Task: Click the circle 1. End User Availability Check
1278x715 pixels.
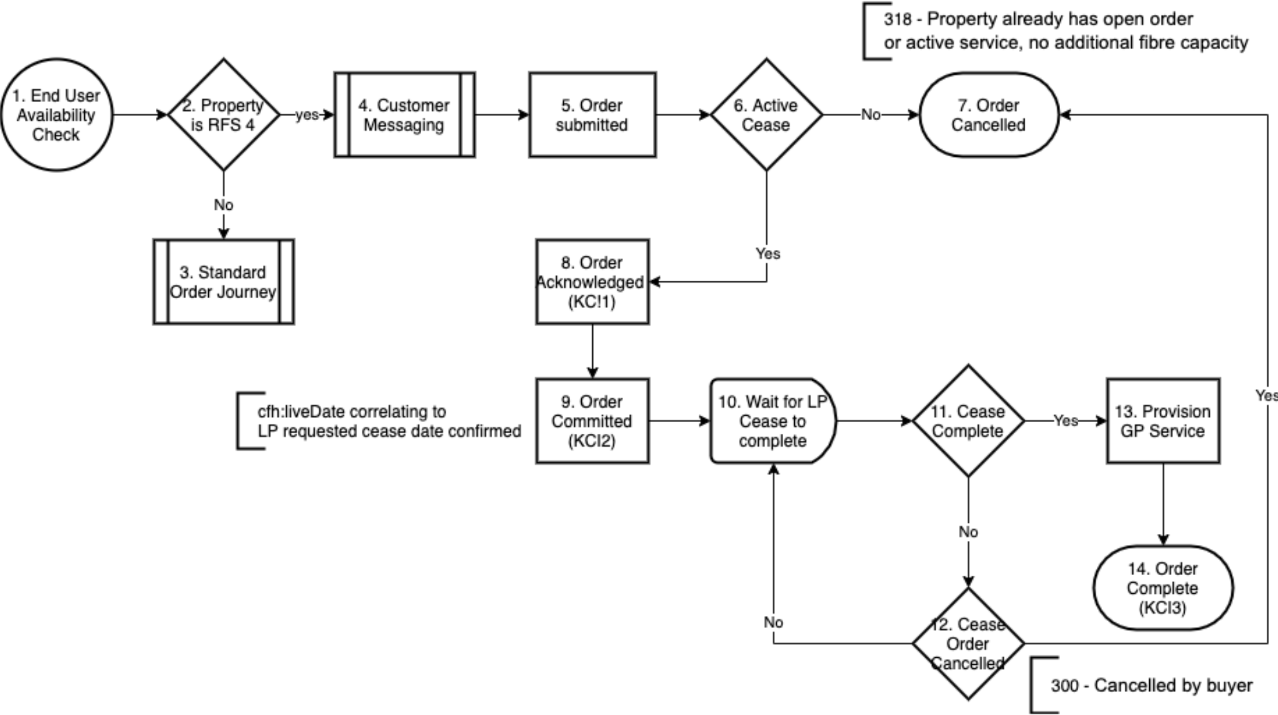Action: (57, 115)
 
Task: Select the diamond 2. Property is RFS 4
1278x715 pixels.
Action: (224, 115)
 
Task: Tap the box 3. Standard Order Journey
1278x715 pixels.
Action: (224, 282)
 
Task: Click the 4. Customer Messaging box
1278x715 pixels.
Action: (404, 115)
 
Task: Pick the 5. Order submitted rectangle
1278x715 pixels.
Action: (592, 115)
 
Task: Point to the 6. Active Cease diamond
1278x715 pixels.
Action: (766, 115)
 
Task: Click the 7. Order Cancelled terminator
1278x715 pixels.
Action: (989, 115)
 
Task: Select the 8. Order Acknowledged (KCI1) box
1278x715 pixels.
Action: (592, 282)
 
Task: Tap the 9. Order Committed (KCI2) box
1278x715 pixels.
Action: (592, 421)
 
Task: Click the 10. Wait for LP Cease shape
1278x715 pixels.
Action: (773, 421)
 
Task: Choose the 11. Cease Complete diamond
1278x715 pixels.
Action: (968, 421)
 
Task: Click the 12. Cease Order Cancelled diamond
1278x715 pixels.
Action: (968, 643)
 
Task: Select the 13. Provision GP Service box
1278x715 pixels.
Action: (1163, 421)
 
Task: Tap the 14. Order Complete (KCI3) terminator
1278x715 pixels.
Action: (1163, 588)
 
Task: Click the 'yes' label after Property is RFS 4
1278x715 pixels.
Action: (307, 115)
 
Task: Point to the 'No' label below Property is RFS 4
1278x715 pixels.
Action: (224, 205)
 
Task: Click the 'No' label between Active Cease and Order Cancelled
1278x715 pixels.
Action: (871, 115)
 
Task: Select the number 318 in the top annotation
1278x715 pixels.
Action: (897, 20)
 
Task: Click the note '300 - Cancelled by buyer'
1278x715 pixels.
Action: (1151, 685)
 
